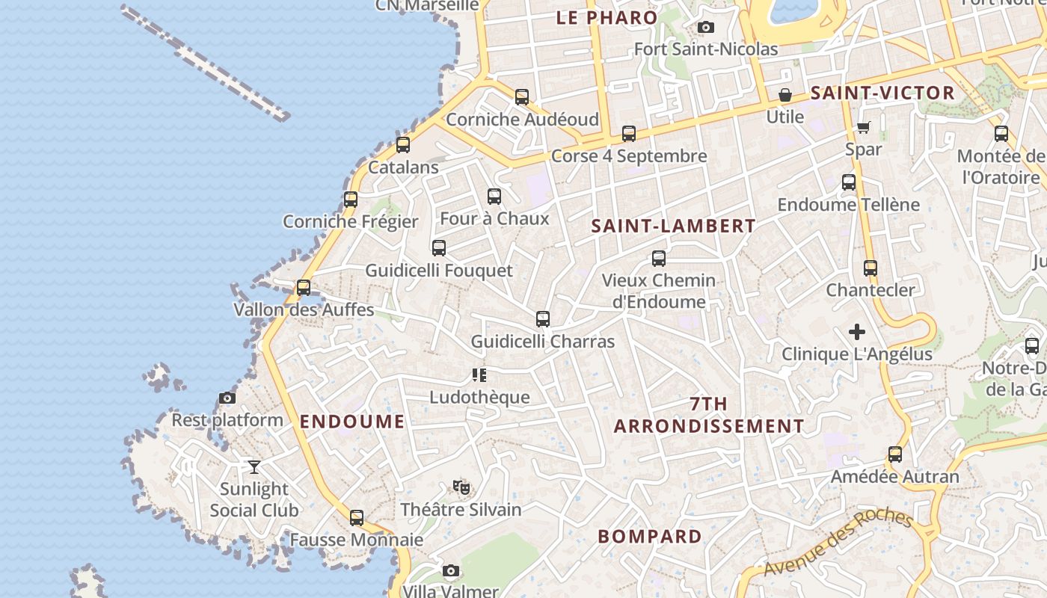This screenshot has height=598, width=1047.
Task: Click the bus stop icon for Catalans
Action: (403, 145)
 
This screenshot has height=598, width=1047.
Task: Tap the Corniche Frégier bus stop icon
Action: (351, 200)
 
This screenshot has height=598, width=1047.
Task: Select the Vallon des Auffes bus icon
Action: (304, 288)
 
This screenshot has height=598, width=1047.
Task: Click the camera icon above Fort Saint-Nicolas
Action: (705, 28)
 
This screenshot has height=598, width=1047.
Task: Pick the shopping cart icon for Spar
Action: (864, 127)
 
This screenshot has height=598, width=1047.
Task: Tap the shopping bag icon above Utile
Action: (785, 95)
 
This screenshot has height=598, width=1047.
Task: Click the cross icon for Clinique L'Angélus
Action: (857, 332)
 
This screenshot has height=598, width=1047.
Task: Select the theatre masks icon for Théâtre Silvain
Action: (461, 487)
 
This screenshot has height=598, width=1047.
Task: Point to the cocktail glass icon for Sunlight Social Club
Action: (254, 467)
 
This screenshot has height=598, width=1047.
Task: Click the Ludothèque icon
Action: (479, 375)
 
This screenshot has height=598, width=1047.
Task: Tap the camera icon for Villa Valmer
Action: (450, 571)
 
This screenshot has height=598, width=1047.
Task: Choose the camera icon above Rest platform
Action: (227, 398)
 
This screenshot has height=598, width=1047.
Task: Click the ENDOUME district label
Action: (352, 422)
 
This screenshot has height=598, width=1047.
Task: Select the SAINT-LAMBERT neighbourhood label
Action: (673, 226)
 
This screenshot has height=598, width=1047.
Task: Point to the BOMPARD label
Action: (650, 537)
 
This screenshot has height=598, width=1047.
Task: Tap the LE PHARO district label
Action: (607, 18)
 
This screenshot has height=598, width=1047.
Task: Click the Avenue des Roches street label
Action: (838, 543)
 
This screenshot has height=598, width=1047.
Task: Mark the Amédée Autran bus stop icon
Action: (895, 454)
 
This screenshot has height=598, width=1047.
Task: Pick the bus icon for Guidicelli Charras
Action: (543, 320)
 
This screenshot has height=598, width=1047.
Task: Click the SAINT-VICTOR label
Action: (882, 93)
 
